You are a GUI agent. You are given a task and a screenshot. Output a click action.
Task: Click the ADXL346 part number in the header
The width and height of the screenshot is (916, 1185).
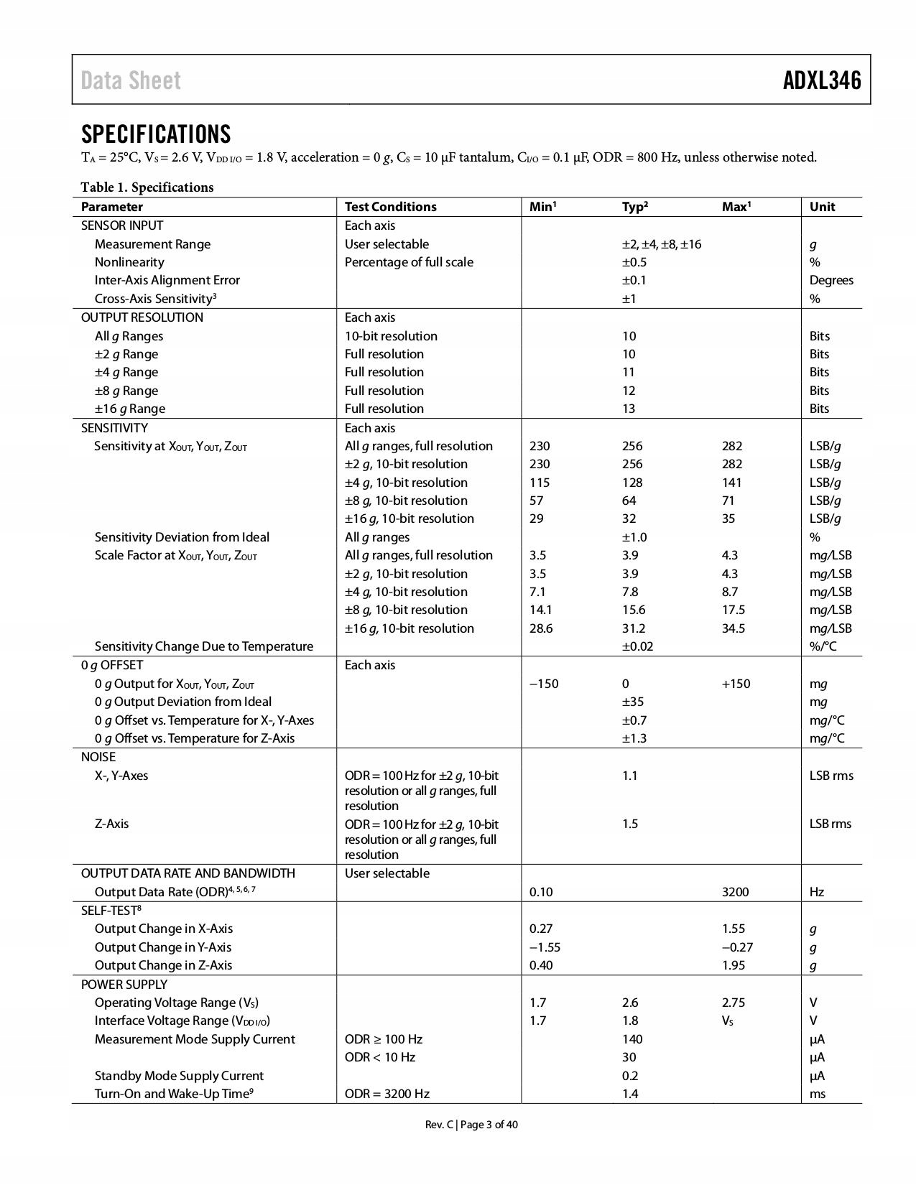coord(821,80)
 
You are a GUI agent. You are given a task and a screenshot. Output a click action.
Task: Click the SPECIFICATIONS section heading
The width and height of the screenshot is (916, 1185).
coord(156,134)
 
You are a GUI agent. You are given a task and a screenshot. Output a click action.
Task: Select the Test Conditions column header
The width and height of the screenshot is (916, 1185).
coord(390,207)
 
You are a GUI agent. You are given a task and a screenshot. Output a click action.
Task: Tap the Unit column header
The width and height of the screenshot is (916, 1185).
coord(822,207)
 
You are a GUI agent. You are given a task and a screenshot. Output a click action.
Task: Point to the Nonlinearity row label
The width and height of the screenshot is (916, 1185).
coord(129,262)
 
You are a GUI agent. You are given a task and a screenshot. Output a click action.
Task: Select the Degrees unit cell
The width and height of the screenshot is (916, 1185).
coord(831,280)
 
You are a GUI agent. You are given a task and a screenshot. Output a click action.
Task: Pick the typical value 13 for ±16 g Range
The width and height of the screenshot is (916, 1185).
coord(629,409)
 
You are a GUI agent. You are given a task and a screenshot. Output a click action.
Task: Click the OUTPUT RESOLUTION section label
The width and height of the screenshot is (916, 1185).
coord(142,317)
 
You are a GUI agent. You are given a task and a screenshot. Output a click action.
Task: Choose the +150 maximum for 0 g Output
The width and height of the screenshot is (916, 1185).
coord(736,684)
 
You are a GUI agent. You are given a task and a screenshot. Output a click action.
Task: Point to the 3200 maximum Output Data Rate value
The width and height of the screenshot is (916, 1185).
coord(735,892)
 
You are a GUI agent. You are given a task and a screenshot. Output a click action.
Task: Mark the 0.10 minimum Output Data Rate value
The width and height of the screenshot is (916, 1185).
coord(541,892)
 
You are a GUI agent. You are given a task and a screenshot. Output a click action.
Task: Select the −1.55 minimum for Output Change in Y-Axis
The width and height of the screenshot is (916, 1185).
coord(545,947)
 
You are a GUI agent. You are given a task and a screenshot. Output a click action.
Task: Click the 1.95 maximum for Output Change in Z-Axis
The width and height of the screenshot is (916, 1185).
coord(733,965)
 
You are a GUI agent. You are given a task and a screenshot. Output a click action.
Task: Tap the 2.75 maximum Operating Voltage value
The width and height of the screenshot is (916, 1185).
coord(733,1003)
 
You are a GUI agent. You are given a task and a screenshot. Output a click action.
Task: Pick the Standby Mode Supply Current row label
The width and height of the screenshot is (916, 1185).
coord(179,1076)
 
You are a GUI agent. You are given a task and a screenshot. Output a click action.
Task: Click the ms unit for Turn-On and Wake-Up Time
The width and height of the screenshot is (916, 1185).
coord(818,1094)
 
